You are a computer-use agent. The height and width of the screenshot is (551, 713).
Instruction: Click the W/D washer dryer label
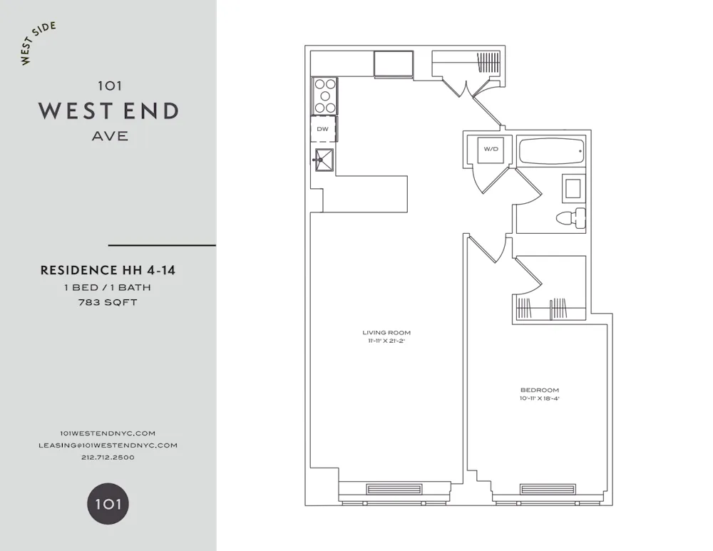491,149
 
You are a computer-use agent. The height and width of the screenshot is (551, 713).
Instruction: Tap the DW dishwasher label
323,129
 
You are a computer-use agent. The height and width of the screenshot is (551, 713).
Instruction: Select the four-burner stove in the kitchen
325,96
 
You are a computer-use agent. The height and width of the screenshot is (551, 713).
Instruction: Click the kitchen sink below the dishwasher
324,160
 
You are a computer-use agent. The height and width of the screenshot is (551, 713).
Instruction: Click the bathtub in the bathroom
551,151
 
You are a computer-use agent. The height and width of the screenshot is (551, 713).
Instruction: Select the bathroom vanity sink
573,188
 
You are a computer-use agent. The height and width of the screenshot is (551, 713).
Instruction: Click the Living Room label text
386,333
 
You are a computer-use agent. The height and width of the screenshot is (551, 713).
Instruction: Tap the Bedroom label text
540,390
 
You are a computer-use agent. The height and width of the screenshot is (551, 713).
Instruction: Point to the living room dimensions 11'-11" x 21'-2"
386,341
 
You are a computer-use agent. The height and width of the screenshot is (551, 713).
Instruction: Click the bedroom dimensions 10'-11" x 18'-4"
540,398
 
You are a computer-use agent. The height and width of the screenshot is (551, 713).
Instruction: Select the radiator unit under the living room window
394,489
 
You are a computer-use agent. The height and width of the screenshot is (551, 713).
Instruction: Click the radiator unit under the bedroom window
548,489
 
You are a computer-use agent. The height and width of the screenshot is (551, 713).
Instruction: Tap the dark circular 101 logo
108,505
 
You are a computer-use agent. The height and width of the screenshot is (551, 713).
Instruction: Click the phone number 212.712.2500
108,457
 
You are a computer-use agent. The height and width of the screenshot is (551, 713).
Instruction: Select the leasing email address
108,445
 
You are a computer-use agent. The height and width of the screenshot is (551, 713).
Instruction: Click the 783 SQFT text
108,302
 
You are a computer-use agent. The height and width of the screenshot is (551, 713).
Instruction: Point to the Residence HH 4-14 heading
108,270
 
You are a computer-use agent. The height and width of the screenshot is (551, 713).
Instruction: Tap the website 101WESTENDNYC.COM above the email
108,433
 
